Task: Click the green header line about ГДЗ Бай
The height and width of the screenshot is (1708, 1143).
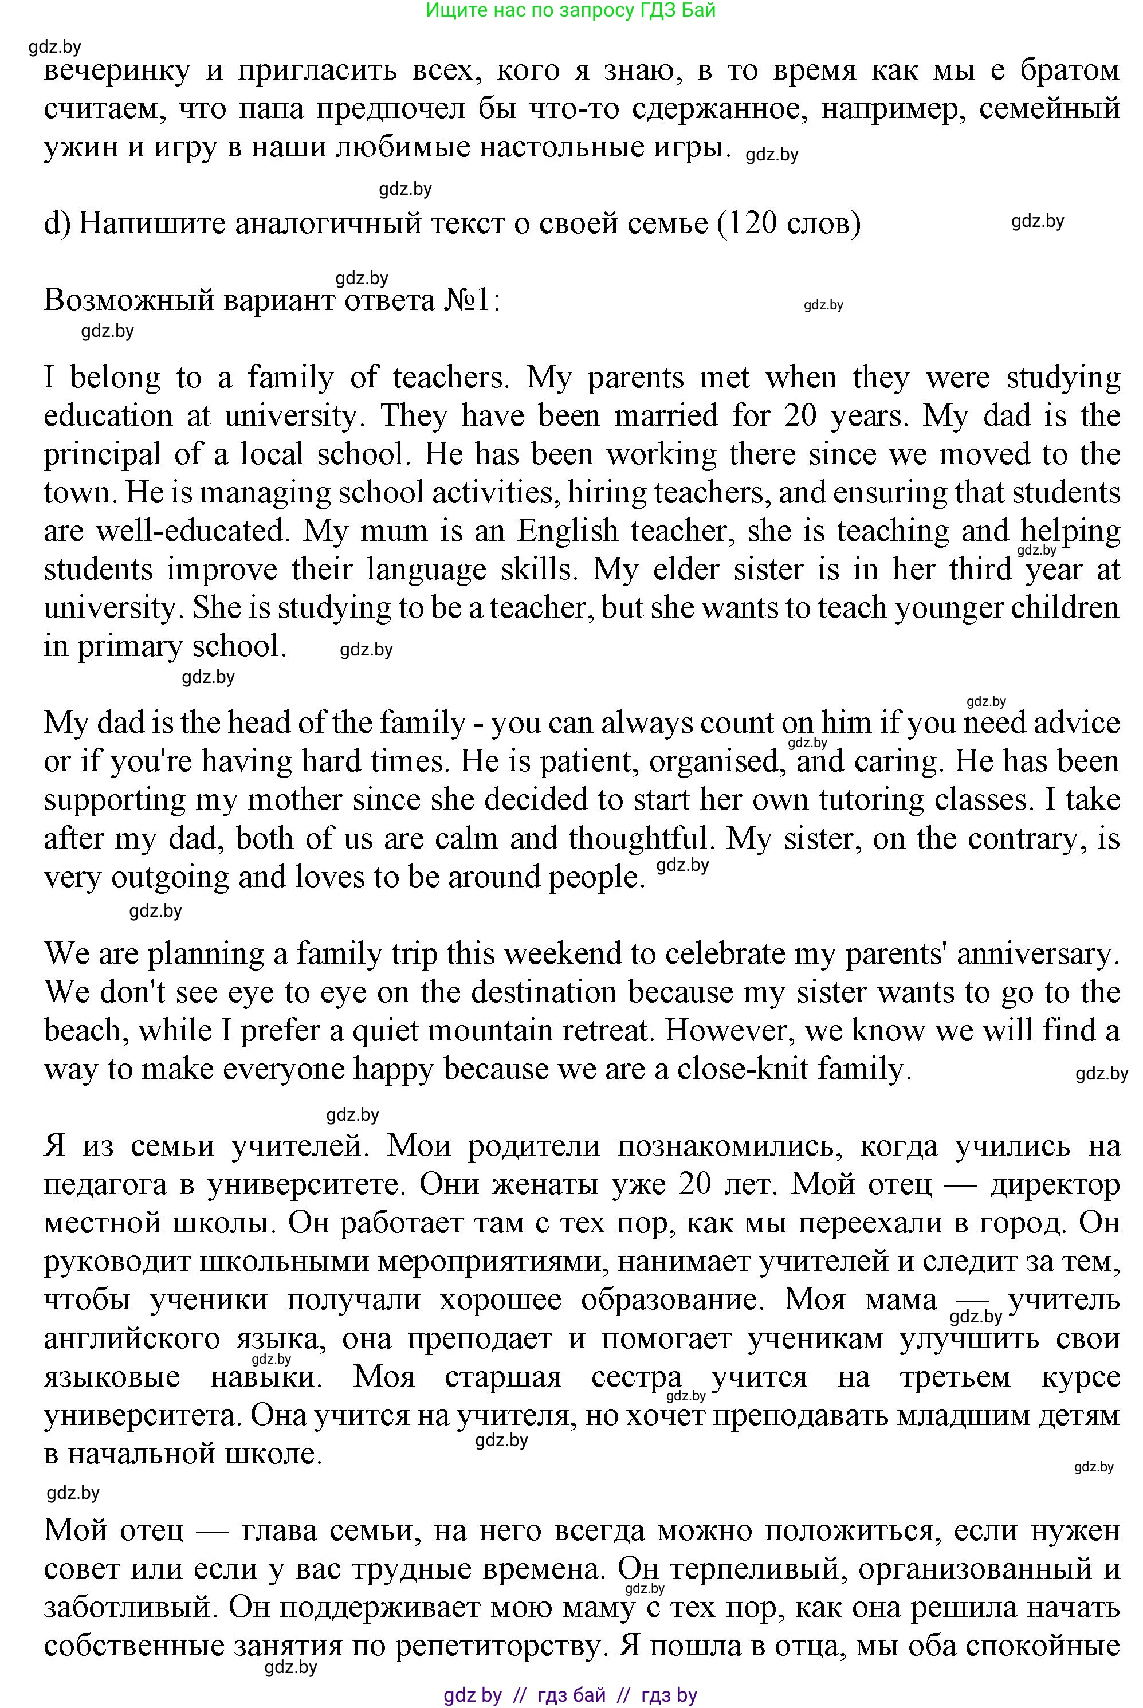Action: click(x=570, y=10)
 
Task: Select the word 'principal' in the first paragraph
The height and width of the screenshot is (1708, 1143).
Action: click(x=102, y=455)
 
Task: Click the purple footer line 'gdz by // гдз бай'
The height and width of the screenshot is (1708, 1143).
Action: click(x=570, y=1695)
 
